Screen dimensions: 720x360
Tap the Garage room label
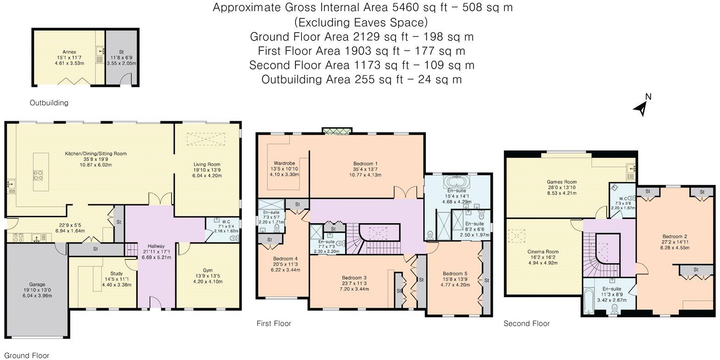click(x=37, y=284)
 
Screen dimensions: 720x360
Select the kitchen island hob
click(x=38, y=175)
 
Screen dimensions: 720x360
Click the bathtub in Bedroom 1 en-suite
click(x=457, y=182)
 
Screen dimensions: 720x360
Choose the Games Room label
click(x=562, y=182)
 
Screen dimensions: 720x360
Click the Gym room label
click(x=207, y=270)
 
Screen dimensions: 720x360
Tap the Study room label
click(x=117, y=274)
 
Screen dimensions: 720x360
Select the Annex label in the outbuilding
click(x=69, y=52)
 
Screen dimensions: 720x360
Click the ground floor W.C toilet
click(x=234, y=238)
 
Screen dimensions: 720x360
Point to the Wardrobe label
click(x=284, y=163)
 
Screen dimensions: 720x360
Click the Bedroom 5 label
click(x=455, y=274)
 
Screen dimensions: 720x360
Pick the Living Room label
click(x=207, y=164)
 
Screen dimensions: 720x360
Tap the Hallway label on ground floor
click(x=156, y=246)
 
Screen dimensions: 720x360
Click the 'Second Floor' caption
click(x=526, y=323)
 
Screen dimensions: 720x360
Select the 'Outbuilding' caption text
click(x=49, y=102)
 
